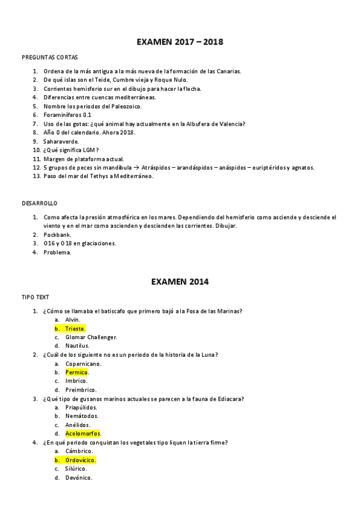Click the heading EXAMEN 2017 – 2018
coord(180,42)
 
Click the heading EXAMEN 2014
coord(180,281)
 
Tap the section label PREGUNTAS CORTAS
coord(49,58)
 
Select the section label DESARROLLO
coord(40,204)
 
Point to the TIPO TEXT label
coord(35,297)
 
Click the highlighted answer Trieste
coord(75,328)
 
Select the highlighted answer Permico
coord(76,372)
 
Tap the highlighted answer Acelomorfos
coord(82,433)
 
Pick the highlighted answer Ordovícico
coord(81,459)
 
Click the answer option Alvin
coord(72,319)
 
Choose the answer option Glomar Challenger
coord(91,337)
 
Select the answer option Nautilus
coord(77,346)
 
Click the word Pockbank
coord(58,235)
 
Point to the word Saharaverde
coord(61,141)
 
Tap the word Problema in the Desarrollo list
coord(57,252)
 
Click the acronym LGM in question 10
coord(90,150)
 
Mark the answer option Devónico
coord(78,478)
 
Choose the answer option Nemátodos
coord(82,416)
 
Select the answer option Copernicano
coord(83,363)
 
